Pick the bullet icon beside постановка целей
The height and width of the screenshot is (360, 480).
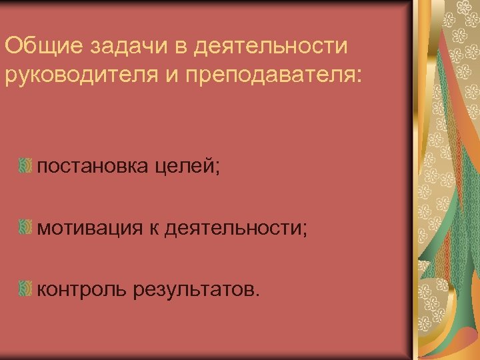(x=25, y=166)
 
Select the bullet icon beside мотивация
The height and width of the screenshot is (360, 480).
(x=25, y=227)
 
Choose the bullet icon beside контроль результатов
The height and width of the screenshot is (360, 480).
(x=25, y=289)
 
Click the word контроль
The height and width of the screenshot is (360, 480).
(x=82, y=289)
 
